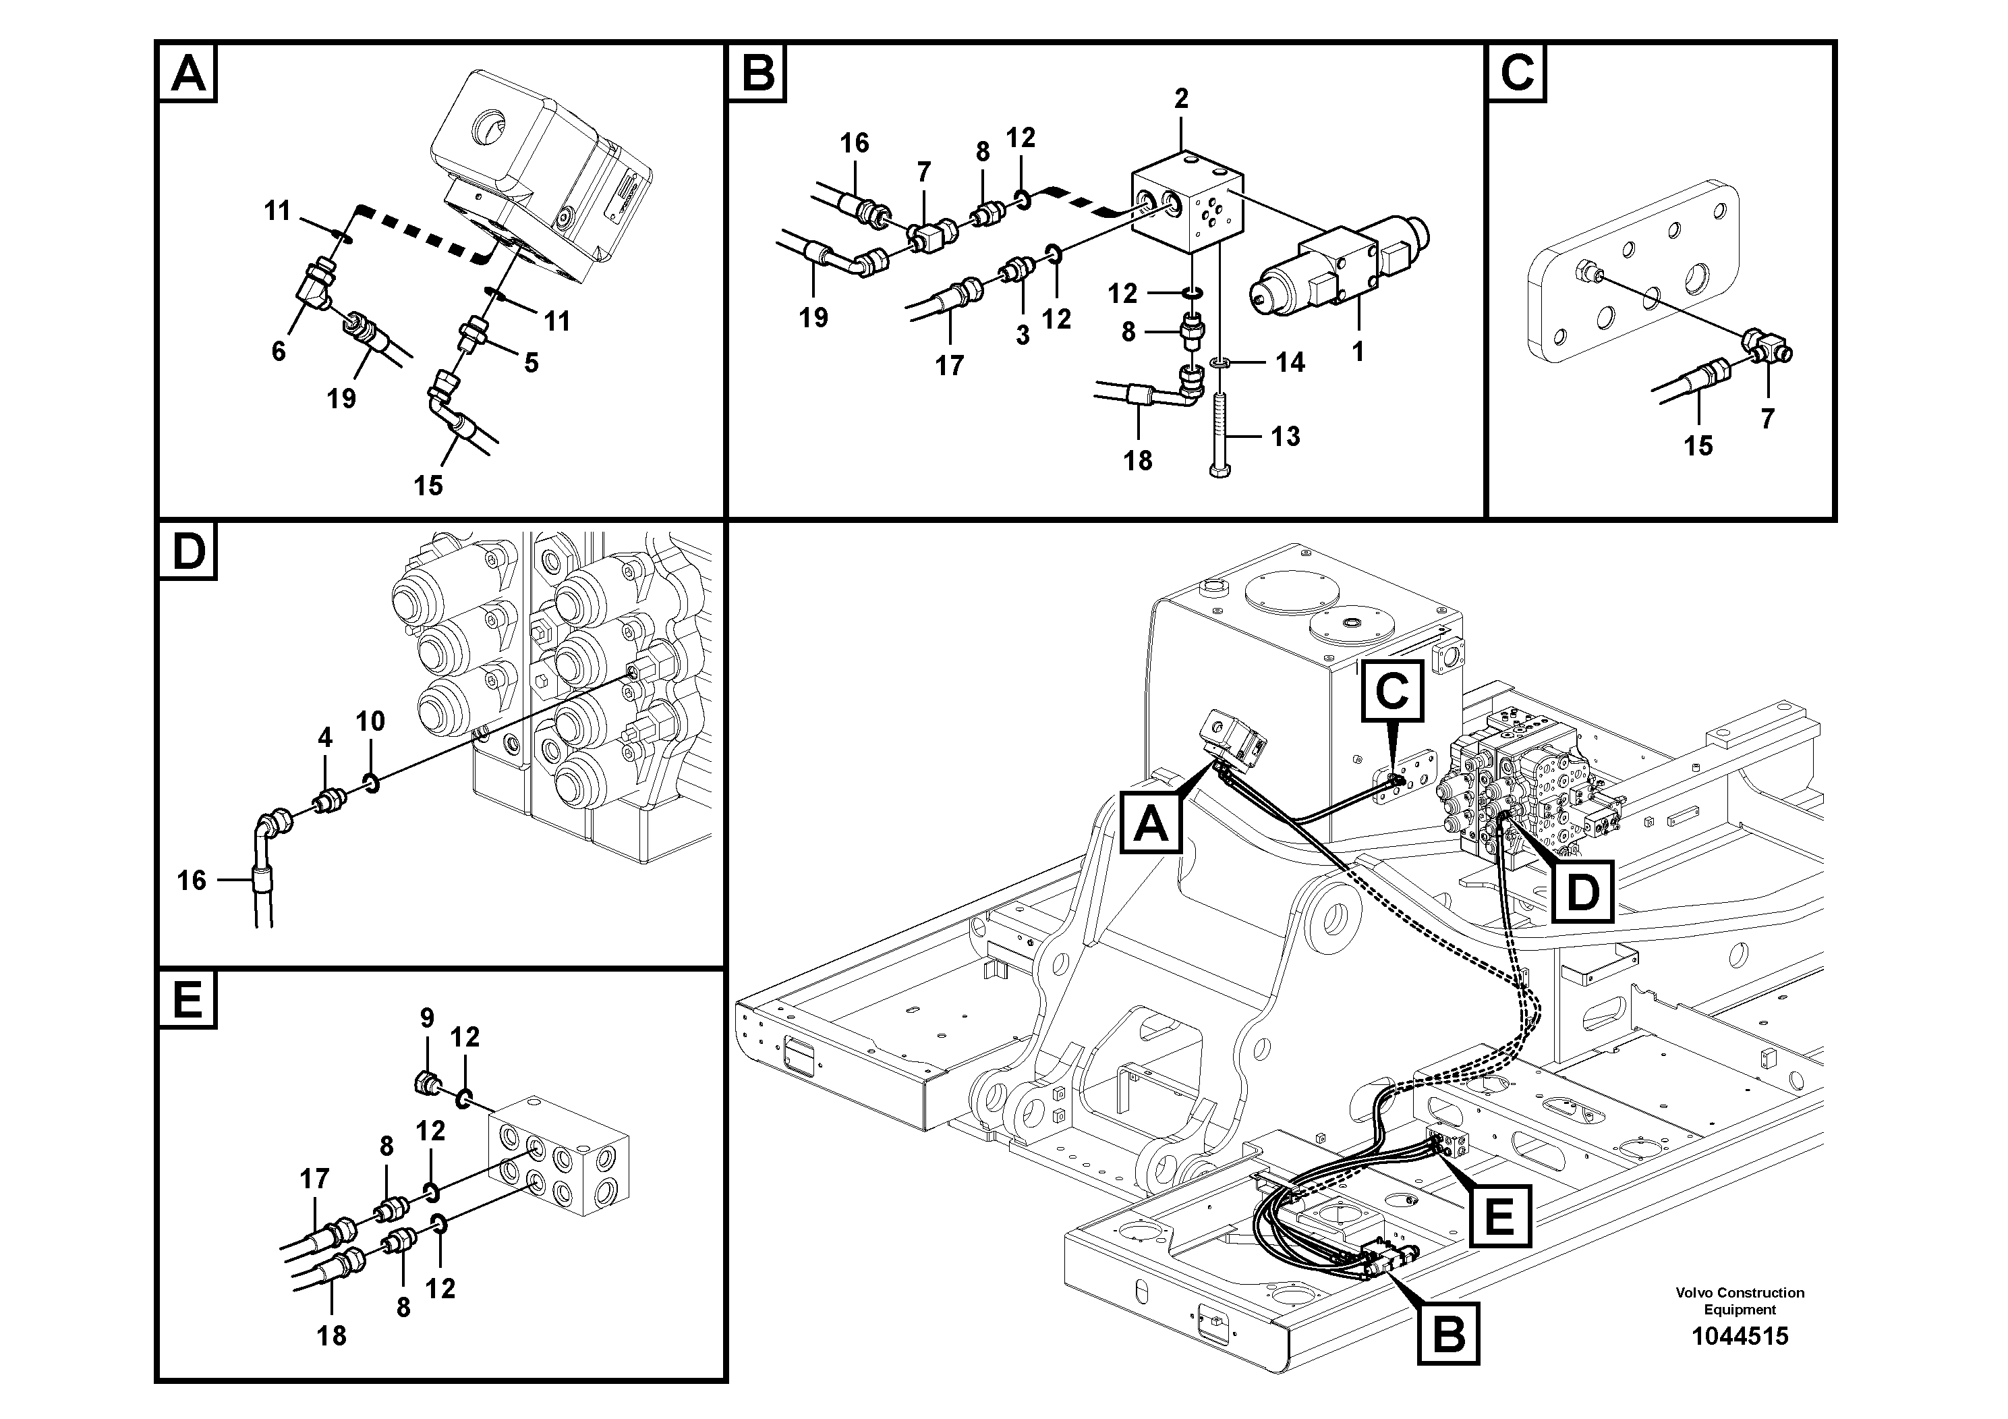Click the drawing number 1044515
1739,1336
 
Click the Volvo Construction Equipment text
1739,1300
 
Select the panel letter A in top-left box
188,74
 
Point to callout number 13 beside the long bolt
1285,436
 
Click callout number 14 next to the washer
1289,362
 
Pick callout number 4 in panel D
324,738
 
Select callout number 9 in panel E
427,1018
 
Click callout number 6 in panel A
278,351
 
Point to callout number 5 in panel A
531,362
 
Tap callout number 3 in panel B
1023,335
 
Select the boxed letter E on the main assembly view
1499,1215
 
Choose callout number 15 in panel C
1698,445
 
